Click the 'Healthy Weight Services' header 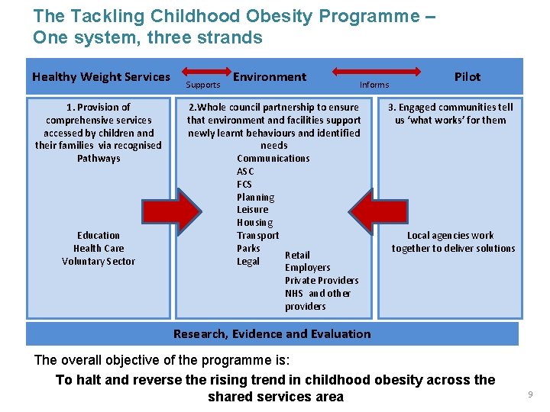click(101, 76)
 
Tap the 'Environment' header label click(270, 76)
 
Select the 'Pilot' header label click(467, 76)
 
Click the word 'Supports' click(203, 85)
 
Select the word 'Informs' click(374, 85)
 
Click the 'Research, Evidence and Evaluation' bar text click(272, 333)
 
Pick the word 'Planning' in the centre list click(255, 197)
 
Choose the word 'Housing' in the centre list click(254, 223)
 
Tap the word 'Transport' click(257, 236)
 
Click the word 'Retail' click(297, 255)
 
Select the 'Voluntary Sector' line click(99, 262)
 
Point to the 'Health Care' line click(99, 249)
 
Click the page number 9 click(529, 394)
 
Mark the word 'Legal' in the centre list click(248, 262)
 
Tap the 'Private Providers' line click(322, 281)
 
